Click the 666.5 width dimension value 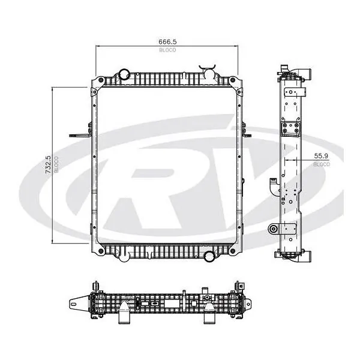point(167,42)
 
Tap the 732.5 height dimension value point(48,165)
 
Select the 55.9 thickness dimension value point(321,156)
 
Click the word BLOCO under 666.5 point(167,50)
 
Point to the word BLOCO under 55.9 point(322,164)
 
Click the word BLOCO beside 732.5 point(56,164)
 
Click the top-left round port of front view point(125,73)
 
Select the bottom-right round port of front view point(209,256)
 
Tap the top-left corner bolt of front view point(101,80)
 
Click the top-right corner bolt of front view point(232,80)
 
